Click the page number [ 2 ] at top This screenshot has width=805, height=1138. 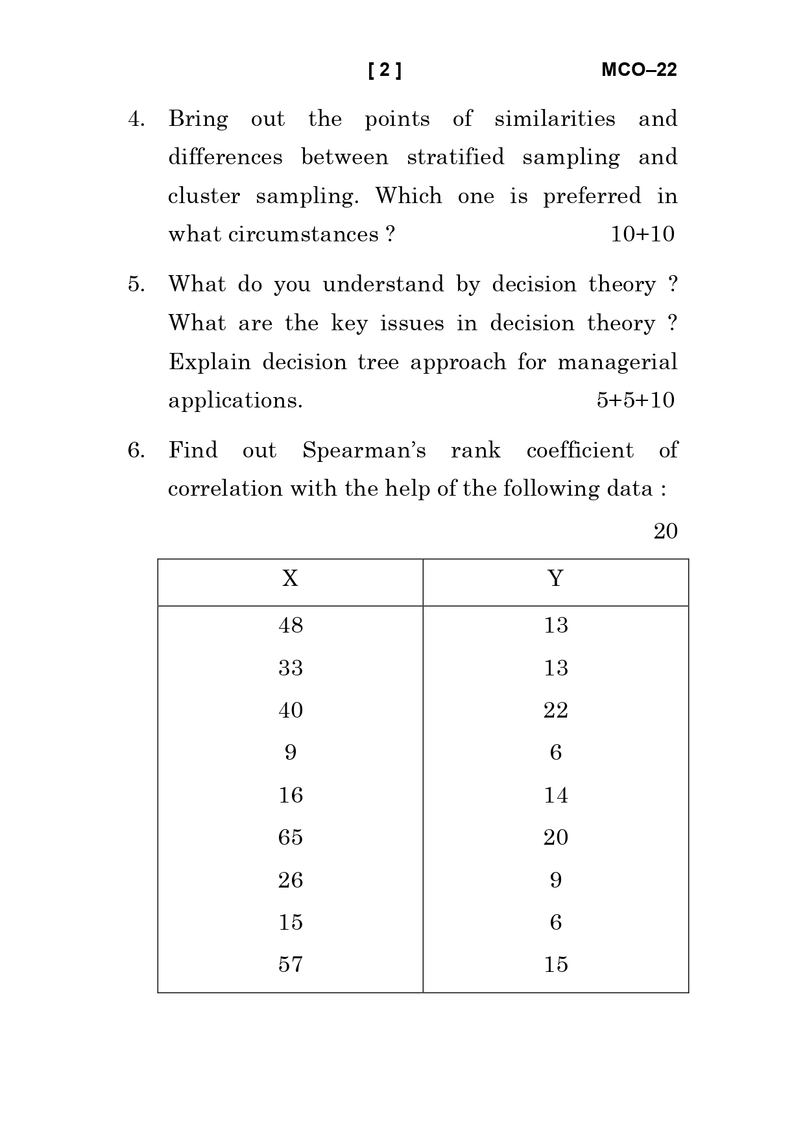point(385,70)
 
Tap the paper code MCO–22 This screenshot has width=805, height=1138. point(639,70)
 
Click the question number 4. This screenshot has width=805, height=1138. point(136,119)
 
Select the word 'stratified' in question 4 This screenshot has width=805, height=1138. point(455,158)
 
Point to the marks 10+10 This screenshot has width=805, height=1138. point(642,234)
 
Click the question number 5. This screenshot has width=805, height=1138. point(136,285)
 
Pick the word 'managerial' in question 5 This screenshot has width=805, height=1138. point(617,362)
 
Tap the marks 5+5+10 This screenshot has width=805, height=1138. point(635,400)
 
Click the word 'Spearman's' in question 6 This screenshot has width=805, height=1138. point(364,450)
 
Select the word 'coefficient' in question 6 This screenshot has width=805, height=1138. point(580,450)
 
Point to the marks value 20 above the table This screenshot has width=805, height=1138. point(665,531)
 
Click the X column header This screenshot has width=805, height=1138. point(290,578)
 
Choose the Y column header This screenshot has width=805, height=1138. point(555,578)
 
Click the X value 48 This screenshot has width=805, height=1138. point(291,625)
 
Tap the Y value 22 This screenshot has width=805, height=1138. point(555,710)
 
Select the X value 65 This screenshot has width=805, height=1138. point(291,838)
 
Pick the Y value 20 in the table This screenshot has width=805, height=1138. point(555,838)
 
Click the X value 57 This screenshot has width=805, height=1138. point(291,965)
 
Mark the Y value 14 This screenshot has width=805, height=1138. point(555,795)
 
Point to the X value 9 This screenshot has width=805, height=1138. point(291,753)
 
